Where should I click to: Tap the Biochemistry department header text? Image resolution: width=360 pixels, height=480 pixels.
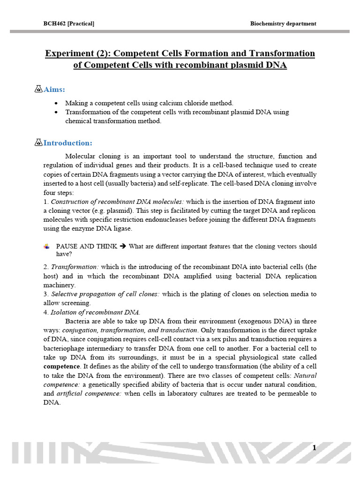[x=284, y=23]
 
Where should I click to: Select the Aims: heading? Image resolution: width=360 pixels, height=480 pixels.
[x=54, y=89]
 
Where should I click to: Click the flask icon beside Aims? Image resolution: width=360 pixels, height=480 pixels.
[x=39, y=89]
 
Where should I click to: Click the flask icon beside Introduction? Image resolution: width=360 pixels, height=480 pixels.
[x=39, y=142]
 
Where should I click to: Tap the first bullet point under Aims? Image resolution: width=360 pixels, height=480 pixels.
[x=57, y=103]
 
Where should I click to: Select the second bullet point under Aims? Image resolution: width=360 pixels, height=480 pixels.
[x=57, y=112]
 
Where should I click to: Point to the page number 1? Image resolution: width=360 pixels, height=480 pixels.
[x=315, y=448]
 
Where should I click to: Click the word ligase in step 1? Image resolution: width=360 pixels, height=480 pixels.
[x=123, y=228]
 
